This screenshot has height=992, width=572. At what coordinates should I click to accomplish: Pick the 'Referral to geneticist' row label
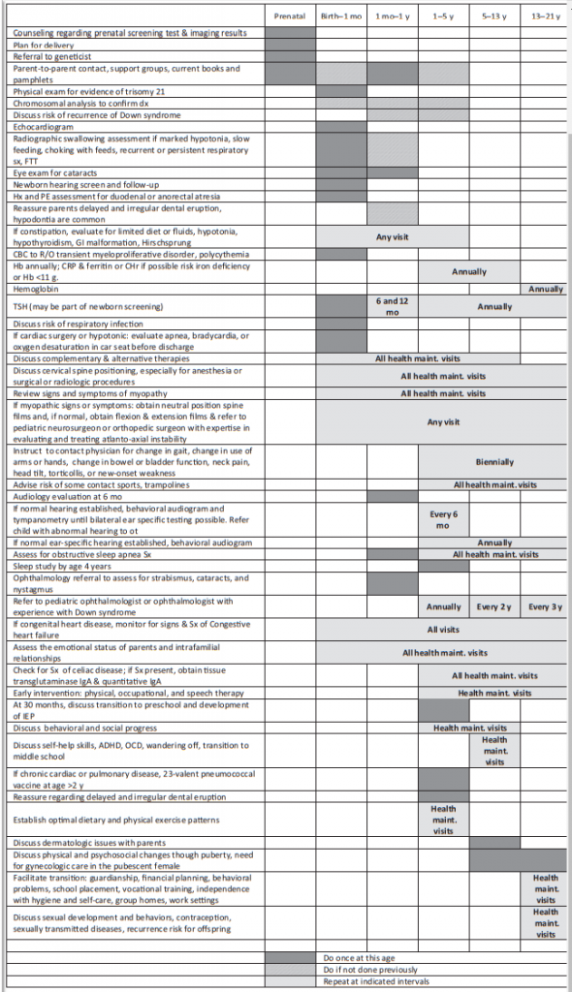tap(48, 57)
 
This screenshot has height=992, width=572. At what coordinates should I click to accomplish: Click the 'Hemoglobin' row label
tap(34, 289)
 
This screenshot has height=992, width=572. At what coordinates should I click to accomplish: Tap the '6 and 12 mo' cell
tap(392, 306)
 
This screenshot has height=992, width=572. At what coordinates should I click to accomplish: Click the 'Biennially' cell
tap(494, 462)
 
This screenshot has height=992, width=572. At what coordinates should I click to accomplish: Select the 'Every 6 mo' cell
tap(443, 519)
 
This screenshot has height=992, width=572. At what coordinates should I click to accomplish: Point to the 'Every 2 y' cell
tap(494, 606)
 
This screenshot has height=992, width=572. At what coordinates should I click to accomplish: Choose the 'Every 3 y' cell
tap(545, 606)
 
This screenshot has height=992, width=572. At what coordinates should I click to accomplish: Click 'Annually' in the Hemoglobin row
tap(545, 289)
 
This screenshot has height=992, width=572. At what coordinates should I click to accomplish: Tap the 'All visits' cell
tap(443, 628)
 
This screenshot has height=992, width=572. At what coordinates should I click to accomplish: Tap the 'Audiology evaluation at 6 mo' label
tap(63, 497)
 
